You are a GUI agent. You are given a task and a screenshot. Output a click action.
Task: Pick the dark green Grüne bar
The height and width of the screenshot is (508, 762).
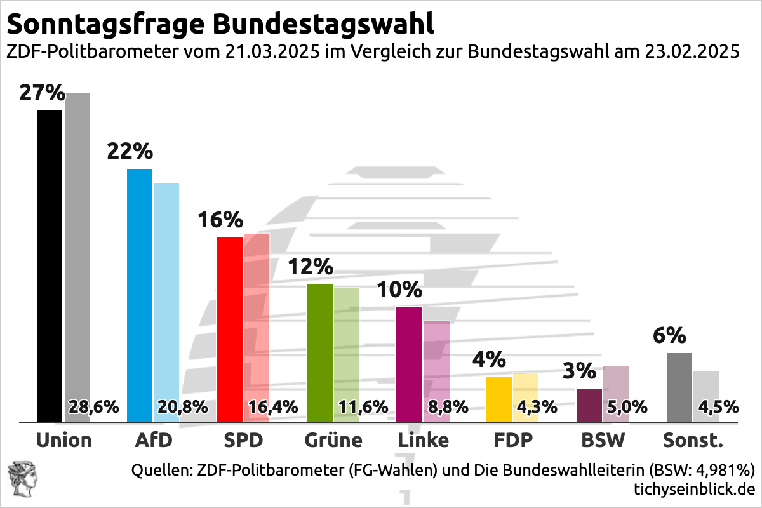point(319,352)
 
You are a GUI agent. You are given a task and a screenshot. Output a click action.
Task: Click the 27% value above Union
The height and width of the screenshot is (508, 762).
point(42,93)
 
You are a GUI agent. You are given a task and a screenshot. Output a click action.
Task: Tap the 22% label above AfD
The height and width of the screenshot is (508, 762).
point(130,152)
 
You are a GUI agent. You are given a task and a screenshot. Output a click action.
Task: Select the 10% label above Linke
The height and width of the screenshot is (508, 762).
point(399,290)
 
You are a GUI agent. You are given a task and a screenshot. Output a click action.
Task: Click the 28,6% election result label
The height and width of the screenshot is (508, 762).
point(93,407)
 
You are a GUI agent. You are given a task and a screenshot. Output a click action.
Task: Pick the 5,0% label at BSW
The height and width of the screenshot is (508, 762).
point(628,407)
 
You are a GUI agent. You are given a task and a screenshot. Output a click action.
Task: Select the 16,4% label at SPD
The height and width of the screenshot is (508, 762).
point(272,407)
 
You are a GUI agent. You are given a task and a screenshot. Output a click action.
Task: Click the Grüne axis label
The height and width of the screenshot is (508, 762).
point(333,440)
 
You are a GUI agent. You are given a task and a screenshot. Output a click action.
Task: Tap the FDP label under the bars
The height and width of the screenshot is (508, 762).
point(512,440)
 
